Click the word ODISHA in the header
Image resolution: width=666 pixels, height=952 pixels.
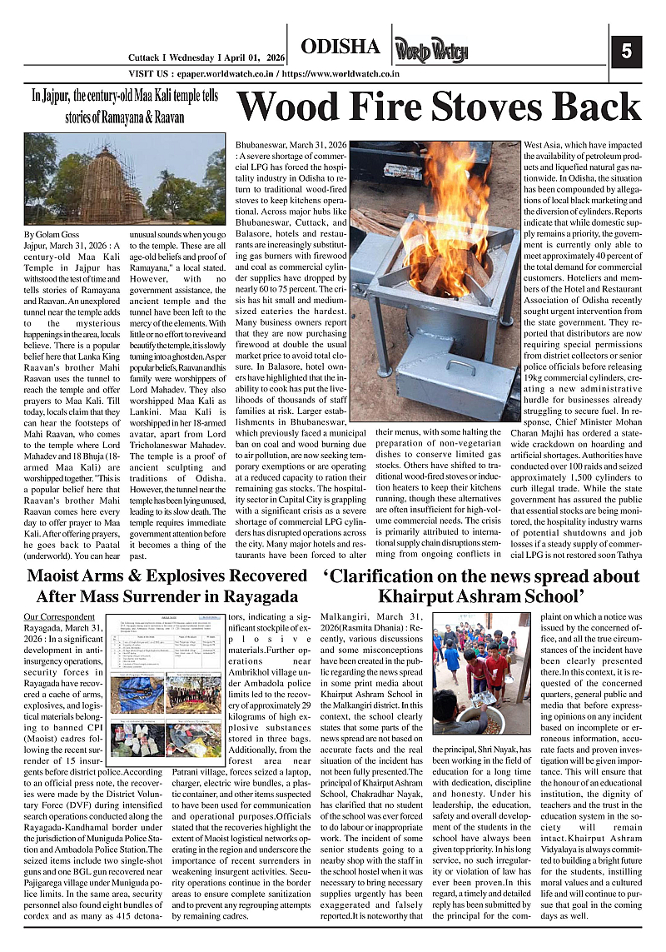coord(340,47)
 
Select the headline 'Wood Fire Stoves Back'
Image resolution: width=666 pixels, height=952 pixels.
coord(439,108)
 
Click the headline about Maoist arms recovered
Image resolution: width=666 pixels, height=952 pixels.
coord(166,586)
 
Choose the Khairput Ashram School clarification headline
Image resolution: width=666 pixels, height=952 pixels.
coord(481,586)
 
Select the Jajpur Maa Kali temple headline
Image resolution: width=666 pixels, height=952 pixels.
coord(125,107)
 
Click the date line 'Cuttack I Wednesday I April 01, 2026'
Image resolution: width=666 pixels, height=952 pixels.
coord(206,57)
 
